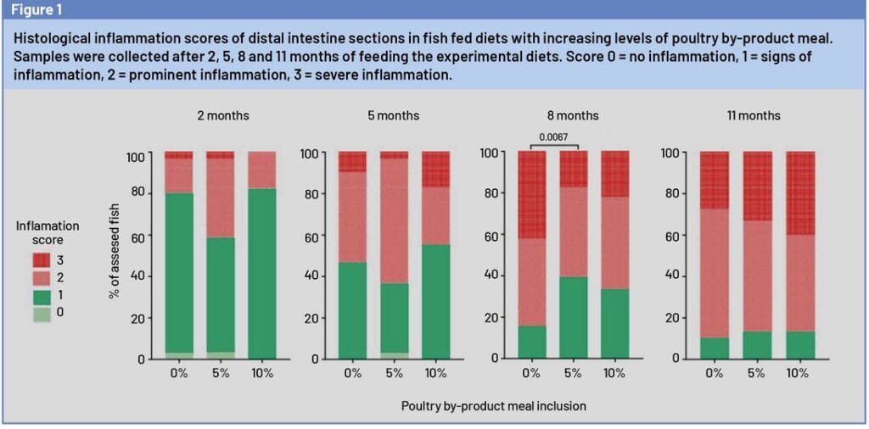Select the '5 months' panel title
(393, 115)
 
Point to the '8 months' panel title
(573, 115)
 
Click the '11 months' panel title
(754, 115)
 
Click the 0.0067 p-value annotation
(553, 136)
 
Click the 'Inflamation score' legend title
(48, 232)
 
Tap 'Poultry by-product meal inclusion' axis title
(494, 406)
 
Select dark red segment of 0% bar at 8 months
(531, 195)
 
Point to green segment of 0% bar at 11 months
(715, 348)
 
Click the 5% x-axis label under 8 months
(574, 374)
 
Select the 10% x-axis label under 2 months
(261, 374)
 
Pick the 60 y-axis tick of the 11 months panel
(670, 235)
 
